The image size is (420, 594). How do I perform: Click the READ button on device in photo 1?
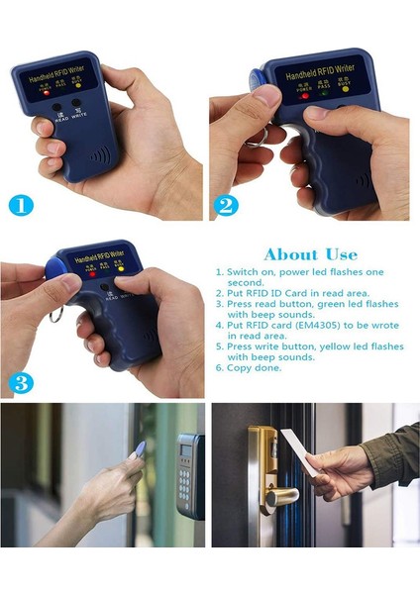pyautogui.click(x=55, y=109)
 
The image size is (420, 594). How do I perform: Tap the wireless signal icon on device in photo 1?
pyautogui.click(x=99, y=155)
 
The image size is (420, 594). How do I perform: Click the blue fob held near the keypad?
pyautogui.click(x=140, y=449)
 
